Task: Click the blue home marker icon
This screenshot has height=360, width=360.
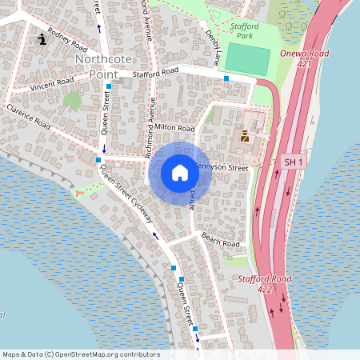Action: click(180, 173)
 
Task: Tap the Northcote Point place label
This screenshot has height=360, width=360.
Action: click(97, 66)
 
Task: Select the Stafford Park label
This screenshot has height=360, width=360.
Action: click(239, 30)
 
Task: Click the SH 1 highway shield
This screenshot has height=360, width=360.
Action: click(294, 162)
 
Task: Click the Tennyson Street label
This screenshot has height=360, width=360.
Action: click(224, 167)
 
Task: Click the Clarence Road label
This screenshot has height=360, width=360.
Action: click(28, 117)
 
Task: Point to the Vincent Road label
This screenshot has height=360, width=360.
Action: click(51, 84)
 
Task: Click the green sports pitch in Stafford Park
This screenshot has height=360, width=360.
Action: click(248, 60)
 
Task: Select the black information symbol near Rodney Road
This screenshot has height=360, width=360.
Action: click(42, 37)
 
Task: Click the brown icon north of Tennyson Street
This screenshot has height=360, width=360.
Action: click(245, 136)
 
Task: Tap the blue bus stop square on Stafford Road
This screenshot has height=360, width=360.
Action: click(226, 78)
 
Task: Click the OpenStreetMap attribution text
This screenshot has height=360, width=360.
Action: click(81, 354)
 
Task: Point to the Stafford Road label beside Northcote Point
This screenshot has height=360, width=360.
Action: click(155, 72)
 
